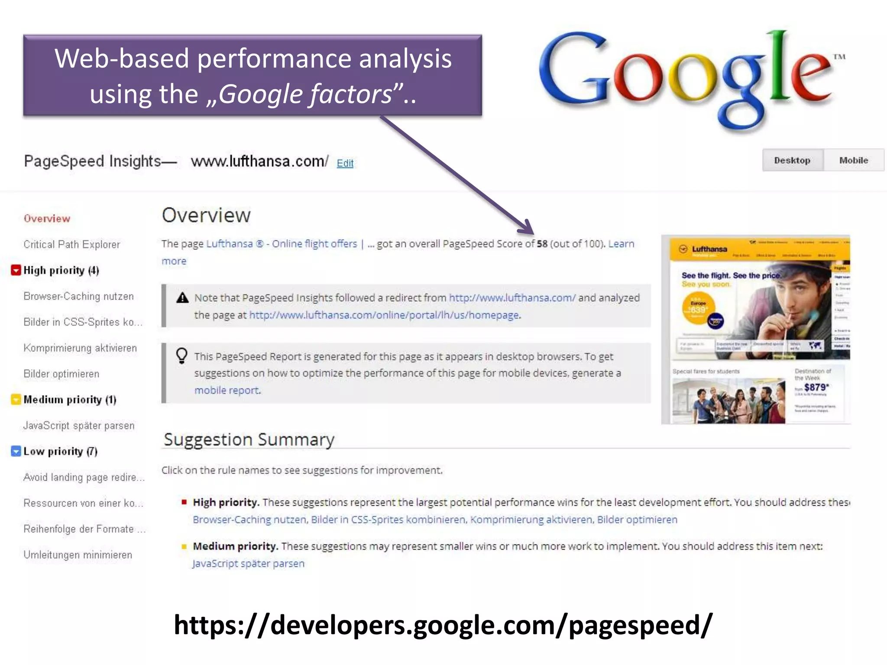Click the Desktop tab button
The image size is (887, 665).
pyautogui.click(x=792, y=160)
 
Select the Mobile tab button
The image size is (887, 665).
pyautogui.click(x=853, y=160)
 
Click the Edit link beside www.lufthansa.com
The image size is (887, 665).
pyautogui.click(x=345, y=163)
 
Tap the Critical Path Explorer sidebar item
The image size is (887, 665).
pyautogui.click(x=71, y=245)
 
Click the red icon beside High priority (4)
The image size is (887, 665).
pyautogui.click(x=16, y=270)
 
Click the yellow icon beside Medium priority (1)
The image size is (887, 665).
pyautogui.click(x=16, y=399)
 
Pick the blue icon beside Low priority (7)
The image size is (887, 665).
pyautogui.click(x=16, y=451)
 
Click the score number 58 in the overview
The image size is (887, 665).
pyautogui.click(x=542, y=244)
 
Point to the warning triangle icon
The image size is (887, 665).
pyautogui.click(x=183, y=297)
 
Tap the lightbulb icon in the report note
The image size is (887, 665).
pyautogui.click(x=182, y=356)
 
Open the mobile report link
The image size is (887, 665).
pyautogui.click(x=227, y=390)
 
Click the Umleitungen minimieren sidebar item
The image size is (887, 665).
pyautogui.click(x=78, y=555)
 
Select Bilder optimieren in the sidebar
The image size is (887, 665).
pyautogui.click(x=62, y=374)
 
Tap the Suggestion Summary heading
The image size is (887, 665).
pyautogui.click(x=249, y=439)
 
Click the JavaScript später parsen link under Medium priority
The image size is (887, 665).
pyautogui.click(x=249, y=563)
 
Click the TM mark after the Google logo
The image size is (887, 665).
pyautogui.click(x=839, y=57)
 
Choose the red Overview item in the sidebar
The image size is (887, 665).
pyautogui.click(x=47, y=219)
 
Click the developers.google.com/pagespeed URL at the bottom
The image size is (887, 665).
pyautogui.click(x=443, y=625)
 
